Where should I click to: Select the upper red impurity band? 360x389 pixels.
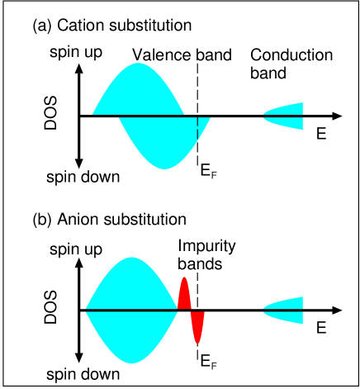[x=185, y=296]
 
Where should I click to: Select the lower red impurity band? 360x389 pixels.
[x=197, y=325]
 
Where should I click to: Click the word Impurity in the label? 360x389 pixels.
[x=206, y=247]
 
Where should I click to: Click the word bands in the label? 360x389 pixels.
[x=199, y=264]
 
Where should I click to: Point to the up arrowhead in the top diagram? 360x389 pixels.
[x=79, y=69]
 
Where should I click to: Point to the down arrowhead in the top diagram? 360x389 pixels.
[x=79, y=164]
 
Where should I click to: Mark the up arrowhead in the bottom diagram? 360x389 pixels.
[x=79, y=263]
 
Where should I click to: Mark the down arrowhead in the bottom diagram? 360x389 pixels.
[x=79, y=358]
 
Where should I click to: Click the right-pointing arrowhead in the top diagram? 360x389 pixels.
[x=336, y=116]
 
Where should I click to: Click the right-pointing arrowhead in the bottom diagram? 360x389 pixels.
[x=336, y=311]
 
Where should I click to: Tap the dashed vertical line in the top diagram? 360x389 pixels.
[x=197, y=129]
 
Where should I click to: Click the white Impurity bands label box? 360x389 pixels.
[x=208, y=254]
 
